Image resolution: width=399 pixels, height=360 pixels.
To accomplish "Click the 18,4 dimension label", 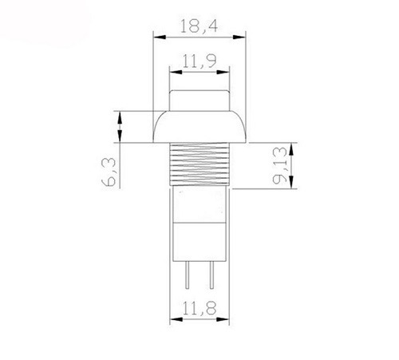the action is (199, 26).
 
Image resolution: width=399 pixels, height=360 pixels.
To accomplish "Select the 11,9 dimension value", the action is (199, 61).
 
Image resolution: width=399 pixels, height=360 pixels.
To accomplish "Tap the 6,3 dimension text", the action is (109, 172).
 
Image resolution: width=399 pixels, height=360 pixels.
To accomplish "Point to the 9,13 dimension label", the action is (280, 165).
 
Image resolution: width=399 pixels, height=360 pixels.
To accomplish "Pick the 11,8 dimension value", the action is (199, 308).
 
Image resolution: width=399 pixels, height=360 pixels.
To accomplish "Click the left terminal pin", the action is (188, 275).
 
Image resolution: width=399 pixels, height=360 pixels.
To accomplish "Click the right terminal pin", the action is (211, 275).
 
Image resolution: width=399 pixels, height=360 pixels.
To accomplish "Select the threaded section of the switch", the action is (199, 164).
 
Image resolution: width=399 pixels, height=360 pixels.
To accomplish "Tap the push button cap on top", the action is (199, 101).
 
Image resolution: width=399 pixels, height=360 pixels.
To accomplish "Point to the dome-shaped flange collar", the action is (199, 127).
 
